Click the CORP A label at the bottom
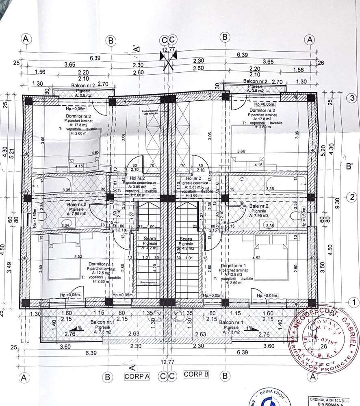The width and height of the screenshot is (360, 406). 137,376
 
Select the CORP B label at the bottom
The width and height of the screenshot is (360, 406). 196,374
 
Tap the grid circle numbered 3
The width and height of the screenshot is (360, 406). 351,99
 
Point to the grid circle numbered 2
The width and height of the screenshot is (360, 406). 351,198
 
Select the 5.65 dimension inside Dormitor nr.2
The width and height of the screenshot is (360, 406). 96,153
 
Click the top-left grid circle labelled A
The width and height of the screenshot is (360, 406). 26,39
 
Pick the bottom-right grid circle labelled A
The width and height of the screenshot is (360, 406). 313,377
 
